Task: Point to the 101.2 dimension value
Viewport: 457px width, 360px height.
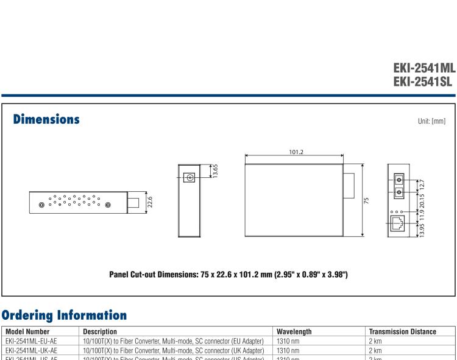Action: (297, 151)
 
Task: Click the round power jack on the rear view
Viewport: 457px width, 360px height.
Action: (190, 178)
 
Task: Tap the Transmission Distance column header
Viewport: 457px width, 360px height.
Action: (402, 331)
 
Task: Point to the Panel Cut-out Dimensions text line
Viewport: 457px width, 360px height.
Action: (228, 275)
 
